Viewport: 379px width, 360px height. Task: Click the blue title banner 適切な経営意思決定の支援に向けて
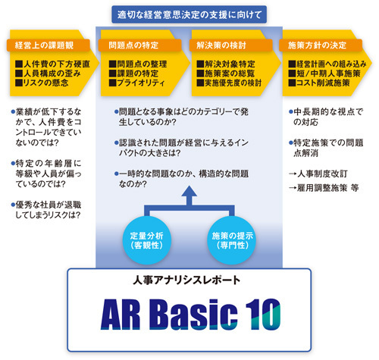pos(189,14)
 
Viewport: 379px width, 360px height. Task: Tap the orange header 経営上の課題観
pos(48,45)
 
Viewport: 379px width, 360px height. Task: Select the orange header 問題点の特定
pos(139,45)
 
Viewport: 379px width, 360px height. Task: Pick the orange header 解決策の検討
pos(230,45)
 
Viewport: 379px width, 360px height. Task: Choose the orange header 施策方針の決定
pos(321,45)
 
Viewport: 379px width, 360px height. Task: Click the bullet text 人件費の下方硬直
pos(52,64)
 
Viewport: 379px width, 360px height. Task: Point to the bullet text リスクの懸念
pos(42,83)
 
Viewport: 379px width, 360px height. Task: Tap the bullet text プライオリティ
pos(137,83)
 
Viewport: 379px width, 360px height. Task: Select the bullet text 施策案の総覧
pos(226,74)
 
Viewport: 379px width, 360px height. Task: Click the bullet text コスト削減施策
pos(319,83)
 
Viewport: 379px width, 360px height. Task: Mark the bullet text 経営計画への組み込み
pos(327,64)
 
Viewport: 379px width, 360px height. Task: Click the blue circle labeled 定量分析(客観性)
pos(147,240)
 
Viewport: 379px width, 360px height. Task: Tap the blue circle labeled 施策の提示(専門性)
pos(232,240)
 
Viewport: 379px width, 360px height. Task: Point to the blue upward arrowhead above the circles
pos(189,191)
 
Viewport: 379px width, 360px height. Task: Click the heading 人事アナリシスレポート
pos(186,280)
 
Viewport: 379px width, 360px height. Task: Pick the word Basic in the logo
pos(196,315)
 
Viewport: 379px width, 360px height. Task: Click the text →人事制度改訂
pos(318,174)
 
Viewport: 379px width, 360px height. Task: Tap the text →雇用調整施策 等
pos(324,188)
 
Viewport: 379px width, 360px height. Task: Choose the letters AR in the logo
pos(121,315)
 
